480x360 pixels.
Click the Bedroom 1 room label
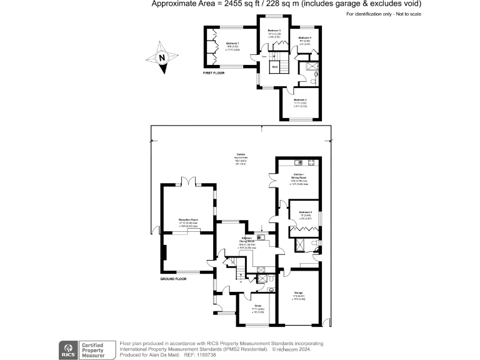[x=232, y=43]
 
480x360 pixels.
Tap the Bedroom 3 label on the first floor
[x=274, y=31]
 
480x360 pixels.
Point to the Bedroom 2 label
[x=301, y=99]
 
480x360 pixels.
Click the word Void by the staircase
[x=274, y=66]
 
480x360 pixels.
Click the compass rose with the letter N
[x=161, y=58]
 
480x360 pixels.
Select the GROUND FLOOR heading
[x=174, y=278]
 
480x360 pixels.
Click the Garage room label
[x=299, y=292]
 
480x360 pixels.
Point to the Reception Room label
[x=188, y=220]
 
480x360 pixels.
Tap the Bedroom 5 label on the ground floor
[x=306, y=212]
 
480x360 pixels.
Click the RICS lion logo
[x=66, y=349]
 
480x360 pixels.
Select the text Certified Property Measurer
[x=96, y=349]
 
